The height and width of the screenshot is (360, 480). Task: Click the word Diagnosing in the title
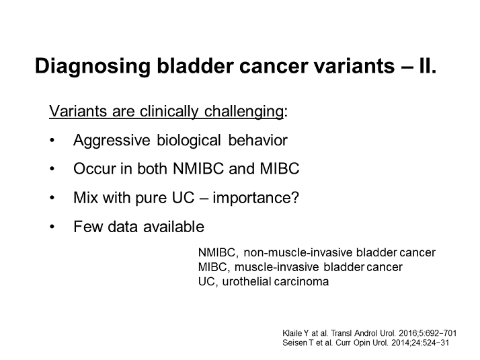pos(93,66)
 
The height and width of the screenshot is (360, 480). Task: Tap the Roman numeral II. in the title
pos(427,65)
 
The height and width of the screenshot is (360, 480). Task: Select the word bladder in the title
pos(196,65)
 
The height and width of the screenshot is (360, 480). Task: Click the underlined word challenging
pos(243,111)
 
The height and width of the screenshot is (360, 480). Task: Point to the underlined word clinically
pos(169,111)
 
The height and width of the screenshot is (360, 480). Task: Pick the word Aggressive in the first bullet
pos(112,141)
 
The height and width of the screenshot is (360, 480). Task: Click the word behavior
pos(257,140)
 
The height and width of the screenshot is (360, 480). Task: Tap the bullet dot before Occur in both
pos(52,169)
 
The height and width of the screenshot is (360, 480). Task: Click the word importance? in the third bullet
pos(255,198)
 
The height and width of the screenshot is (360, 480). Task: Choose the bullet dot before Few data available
pos(52,227)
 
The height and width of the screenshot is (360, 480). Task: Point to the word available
pos(173,227)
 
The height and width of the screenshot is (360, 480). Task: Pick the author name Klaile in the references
pos(292,333)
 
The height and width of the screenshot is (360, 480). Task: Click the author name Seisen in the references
pos(293,343)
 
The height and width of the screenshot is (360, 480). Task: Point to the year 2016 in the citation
pos(407,333)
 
